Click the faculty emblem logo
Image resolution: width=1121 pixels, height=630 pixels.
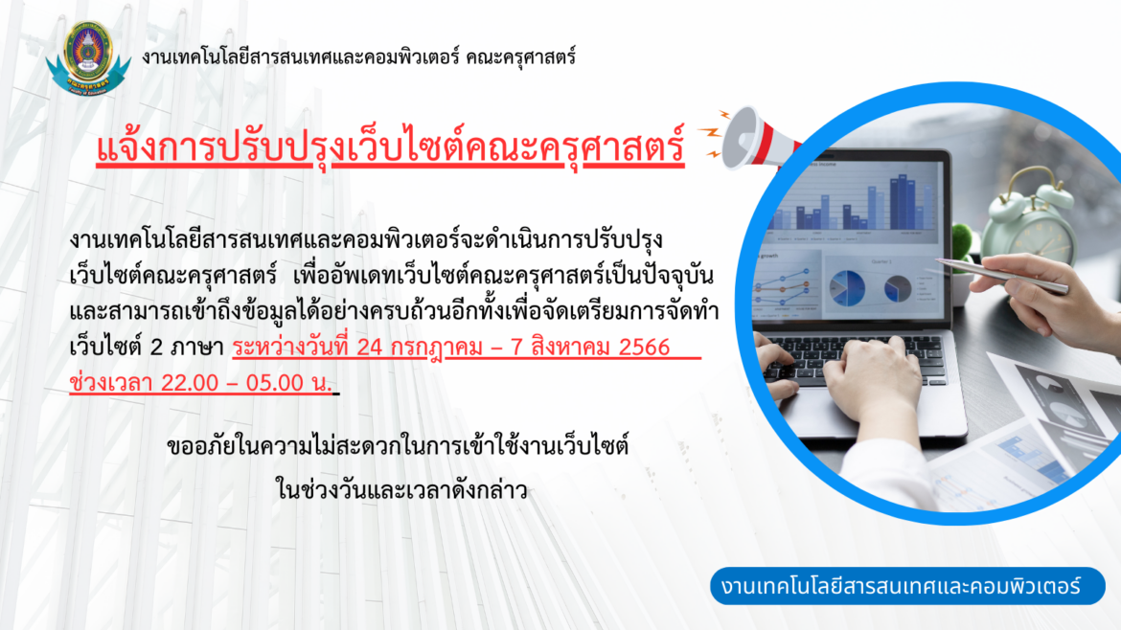(x=88, y=58)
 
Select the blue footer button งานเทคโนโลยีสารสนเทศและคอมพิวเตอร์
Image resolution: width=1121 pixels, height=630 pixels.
(x=907, y=586)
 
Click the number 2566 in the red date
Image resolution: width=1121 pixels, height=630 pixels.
(x=644, y=348)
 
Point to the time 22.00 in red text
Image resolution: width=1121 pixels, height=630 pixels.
(x=190, y=383)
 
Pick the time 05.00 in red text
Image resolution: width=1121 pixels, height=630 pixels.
(x=275, y=383)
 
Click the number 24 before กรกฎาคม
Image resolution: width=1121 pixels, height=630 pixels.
(x=370, y=348)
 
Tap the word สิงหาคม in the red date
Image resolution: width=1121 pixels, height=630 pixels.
(x=569, y=348)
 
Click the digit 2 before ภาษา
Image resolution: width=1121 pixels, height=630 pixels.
(x=156, y=348)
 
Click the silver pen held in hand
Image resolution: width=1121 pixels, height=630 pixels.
(x=1002, y=274)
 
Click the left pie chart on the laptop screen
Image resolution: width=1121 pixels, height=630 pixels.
(x=847, y=287)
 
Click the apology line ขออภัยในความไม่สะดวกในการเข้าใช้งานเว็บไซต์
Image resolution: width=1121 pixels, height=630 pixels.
(x=398, y=447)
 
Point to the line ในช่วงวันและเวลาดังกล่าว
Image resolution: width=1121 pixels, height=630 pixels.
(x=401, y=490)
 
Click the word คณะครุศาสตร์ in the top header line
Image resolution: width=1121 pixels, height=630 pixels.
(x=520, y=57)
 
